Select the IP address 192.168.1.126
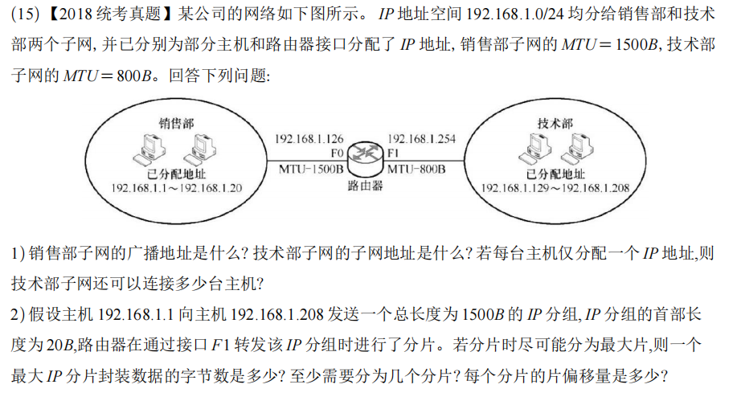[309, 138]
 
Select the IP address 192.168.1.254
[421, 138]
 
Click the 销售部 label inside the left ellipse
[175, 124]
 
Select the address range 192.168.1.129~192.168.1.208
[555, 188]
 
